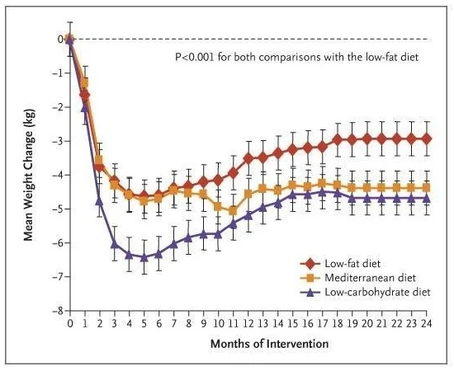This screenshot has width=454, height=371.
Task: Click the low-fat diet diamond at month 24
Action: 426,139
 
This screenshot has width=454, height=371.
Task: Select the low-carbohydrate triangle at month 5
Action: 144,257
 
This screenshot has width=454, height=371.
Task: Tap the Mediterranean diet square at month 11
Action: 233,211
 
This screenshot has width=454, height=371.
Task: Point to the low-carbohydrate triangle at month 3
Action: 115,244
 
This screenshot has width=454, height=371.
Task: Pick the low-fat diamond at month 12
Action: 248,158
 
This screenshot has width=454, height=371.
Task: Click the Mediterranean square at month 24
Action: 426,188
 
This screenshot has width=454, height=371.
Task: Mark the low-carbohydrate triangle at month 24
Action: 426,199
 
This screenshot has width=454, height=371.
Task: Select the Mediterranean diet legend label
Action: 371,278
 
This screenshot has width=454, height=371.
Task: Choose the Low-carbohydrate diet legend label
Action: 377,292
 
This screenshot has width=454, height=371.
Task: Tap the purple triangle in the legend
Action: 310,293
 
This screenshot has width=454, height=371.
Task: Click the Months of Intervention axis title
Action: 270,344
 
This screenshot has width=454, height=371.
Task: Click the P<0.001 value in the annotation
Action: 195,57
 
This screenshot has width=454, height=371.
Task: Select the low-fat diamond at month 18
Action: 338,140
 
